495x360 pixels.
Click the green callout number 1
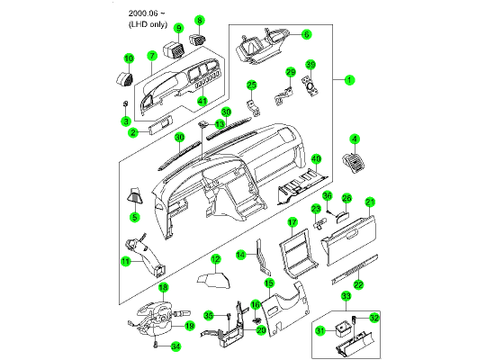point(349,80)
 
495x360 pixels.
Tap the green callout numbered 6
point(306,34)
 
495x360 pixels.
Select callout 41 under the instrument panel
point(202,101)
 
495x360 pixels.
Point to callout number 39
point(310,65)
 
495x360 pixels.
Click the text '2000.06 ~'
point(147,13)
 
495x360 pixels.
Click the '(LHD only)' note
point(148,24)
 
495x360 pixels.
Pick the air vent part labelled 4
point(354,161)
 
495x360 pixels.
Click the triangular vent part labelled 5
point(135,194)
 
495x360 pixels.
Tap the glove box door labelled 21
point(349,240)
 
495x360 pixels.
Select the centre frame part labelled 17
point(297,253)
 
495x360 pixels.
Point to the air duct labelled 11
point(147,256)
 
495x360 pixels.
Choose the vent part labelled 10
point(124,78)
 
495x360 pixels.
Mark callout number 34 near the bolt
point(175,346)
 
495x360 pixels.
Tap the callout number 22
point(358,284)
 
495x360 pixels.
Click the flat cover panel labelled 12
point(213,280)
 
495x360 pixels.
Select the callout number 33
point(346,296)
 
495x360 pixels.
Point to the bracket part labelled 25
point(254,108)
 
